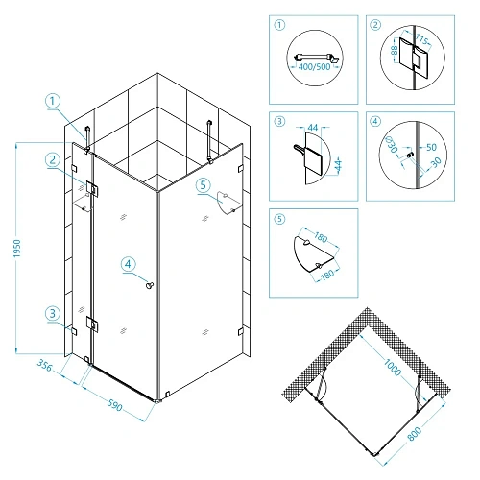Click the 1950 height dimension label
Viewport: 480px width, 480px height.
pyautogui.click(x=17, y=249)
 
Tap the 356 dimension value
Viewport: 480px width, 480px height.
pyautogui.click(x=44, y=366)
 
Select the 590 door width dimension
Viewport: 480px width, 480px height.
pyautogui.click(x=114, y=404)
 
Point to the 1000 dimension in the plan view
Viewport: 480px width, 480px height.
pyautogui.click(x=393, y=368)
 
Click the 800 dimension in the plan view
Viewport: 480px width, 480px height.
pyautogui.click(x=415, y=434)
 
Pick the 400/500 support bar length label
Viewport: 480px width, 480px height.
pyautogui.click(x=314, y=67)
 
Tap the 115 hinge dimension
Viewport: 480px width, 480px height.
pyautogui.click(x=421, y=39)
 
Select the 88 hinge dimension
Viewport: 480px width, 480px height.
pyautogui.click(x=395, y=50)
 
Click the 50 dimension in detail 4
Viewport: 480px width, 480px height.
pyautogui.click(x=431, y=147)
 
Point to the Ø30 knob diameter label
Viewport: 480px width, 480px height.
pyautogui.click(x=392, y=145)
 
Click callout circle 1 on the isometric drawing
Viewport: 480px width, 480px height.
pyautogui.click(x=53, y=101)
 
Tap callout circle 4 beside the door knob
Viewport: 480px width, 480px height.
pyautogui.click(x=128, y=264)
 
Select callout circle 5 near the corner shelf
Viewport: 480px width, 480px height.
pyautogui.click(x=204, y=185)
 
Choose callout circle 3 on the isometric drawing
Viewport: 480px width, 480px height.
pyautogui.click(x=53, y=313)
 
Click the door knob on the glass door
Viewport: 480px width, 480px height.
pyautogui.click(x=150, y=284)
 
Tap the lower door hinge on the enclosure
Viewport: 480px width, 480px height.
pyautogui.click(x=92, y=324)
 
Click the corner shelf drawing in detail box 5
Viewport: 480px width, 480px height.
pyautogui.click(x=314, y=254)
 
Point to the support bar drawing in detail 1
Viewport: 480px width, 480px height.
pyautogui.click(x=315, y=58)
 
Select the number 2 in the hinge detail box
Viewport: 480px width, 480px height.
pyautogui.click(x=375, y=25)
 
